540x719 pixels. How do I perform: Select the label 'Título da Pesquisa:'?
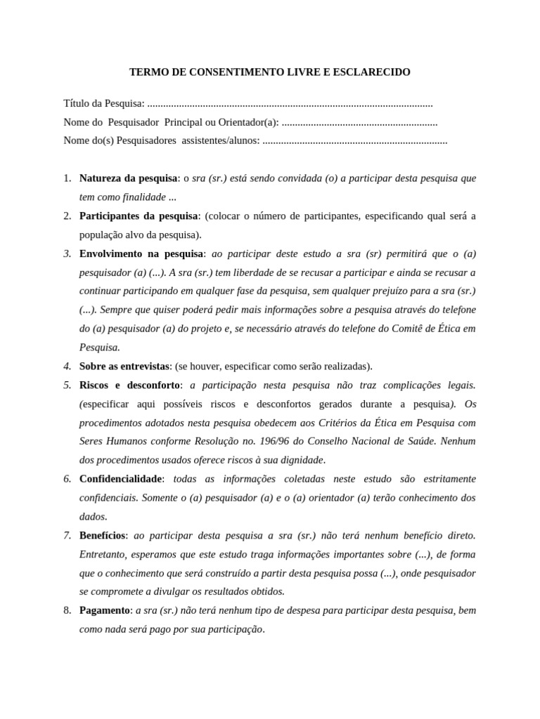click(x=104, y=104)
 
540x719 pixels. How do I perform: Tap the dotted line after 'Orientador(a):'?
click(x=359, y=123)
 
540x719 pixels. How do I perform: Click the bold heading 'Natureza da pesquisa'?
click(x=129, y=178)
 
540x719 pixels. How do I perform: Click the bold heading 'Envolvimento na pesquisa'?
click(x=141, y=253)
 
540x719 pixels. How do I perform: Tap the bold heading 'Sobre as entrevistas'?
click(x=124, y=366)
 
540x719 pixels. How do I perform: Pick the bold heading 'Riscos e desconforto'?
click(x=130, y=385)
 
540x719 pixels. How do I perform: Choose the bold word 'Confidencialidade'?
click(x=121, y=479)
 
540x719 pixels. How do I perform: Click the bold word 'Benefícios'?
click(x=102, y=535)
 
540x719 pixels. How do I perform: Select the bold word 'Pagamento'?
click(x=105, y=610)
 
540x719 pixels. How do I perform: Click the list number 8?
click(x=67, y=610)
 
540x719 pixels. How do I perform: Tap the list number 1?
click(x=67, y=178)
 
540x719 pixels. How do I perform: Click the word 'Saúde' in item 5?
click(x=422, y=441)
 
